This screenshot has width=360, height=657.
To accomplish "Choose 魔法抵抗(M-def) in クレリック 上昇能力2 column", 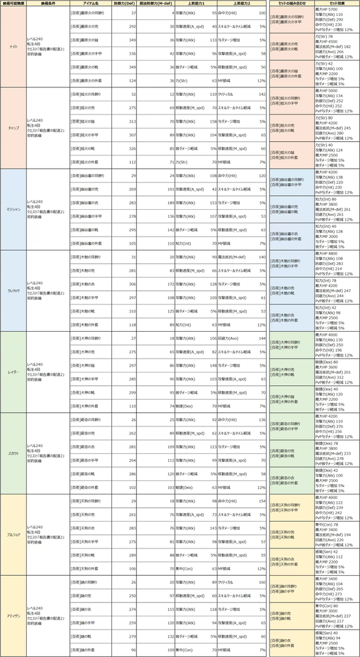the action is [233, 256].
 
